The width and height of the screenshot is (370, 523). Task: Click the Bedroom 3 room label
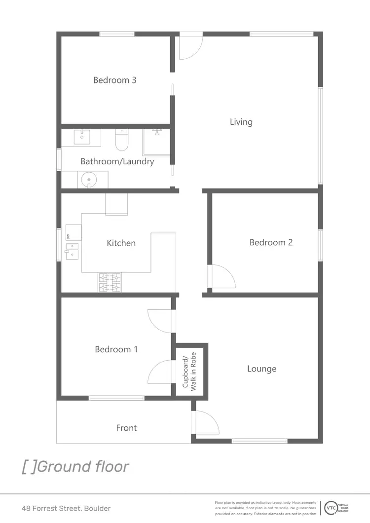pos(114,80)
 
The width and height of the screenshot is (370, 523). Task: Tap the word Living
pos(241,122)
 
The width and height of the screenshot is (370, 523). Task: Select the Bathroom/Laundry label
pos(117,161)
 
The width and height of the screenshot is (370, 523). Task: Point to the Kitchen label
pos(121,243)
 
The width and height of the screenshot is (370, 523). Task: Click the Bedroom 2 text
pos(271,242)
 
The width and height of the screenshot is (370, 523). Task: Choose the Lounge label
pos(261,369)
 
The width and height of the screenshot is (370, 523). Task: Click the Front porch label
pos(126,428)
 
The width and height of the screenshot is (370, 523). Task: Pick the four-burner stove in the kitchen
pos(110,282)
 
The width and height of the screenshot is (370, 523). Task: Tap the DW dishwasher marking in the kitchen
pos(68,236)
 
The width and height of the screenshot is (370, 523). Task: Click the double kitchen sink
pos(72,251)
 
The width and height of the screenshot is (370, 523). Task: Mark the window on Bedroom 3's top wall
pos(117,34)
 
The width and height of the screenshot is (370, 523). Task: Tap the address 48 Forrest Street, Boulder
pos(66,508)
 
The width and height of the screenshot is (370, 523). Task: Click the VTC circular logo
pos(329,508)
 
